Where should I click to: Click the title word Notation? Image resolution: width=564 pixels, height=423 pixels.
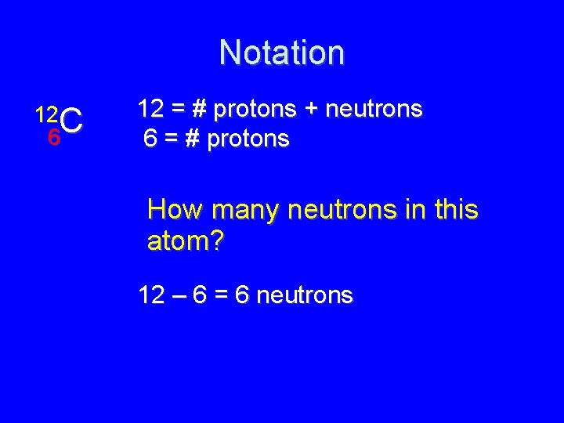click(x=281, y=52)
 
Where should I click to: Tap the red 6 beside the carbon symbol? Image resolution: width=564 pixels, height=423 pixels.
click(x=53, y=137)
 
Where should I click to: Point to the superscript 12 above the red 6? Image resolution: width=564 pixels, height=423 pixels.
click(x=45, y=114)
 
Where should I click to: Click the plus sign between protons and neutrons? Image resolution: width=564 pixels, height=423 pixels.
click(x=312, y=110)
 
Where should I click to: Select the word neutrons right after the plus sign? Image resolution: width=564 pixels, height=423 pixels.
click(x=374, y=110)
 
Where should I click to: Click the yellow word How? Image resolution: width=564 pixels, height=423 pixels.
click(x=175, y=210)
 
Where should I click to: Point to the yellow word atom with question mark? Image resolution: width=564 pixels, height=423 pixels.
click(x=185, y=241)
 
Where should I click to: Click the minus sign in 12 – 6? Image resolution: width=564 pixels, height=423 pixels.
click(x=179, y=295)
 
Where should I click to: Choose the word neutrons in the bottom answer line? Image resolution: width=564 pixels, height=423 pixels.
click(x=305, y=295)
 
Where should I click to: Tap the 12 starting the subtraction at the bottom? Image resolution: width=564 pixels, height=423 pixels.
click(x=150, y=295)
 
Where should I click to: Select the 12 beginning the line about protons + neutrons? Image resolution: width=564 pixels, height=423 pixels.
click(x=150, y=109)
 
